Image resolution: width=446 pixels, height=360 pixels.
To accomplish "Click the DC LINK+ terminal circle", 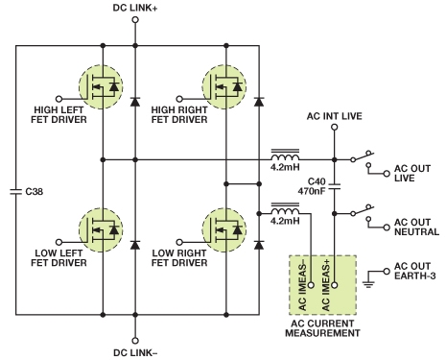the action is tap(135, 20).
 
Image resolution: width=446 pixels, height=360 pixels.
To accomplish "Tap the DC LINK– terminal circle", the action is tap(135, 341).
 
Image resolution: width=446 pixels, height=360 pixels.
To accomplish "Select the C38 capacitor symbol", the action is tap(15, 191).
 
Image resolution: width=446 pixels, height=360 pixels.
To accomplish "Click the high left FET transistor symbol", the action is tap(101, 86).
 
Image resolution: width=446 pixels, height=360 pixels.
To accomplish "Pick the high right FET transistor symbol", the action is tap(224, 86).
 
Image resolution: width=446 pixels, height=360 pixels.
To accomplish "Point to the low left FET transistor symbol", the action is tap(101, 229).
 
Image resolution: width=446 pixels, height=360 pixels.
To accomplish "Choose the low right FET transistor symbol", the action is tap(224, 229).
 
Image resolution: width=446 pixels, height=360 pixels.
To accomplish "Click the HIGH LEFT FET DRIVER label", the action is tap(59, 114).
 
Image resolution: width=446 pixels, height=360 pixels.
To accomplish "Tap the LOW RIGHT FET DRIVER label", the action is tap(179, 258).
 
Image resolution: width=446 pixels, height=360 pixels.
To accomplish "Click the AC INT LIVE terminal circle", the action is tap(335, 127).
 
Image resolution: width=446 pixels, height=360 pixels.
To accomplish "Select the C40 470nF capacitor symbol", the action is tap(335, 187).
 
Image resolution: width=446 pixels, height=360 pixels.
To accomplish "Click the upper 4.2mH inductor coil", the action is tap(285, 155).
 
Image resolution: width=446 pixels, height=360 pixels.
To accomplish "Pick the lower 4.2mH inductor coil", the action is tap(285, 208).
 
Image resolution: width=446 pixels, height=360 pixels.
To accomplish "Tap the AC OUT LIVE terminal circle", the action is tap(387, 174).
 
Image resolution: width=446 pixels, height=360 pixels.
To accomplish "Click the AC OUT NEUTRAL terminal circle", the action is tap(387, 228).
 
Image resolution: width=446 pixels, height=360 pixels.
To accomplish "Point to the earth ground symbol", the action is tap(368, 284).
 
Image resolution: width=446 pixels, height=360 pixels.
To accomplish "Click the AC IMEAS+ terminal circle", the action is tap(335, 285).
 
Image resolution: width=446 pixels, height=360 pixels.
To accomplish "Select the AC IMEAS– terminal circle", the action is tap(311, 285).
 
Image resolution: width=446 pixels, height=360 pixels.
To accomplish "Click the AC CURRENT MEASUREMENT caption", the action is tap(322, 328).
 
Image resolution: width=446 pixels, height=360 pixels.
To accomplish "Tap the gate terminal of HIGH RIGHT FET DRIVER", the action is tap(179, 99).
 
